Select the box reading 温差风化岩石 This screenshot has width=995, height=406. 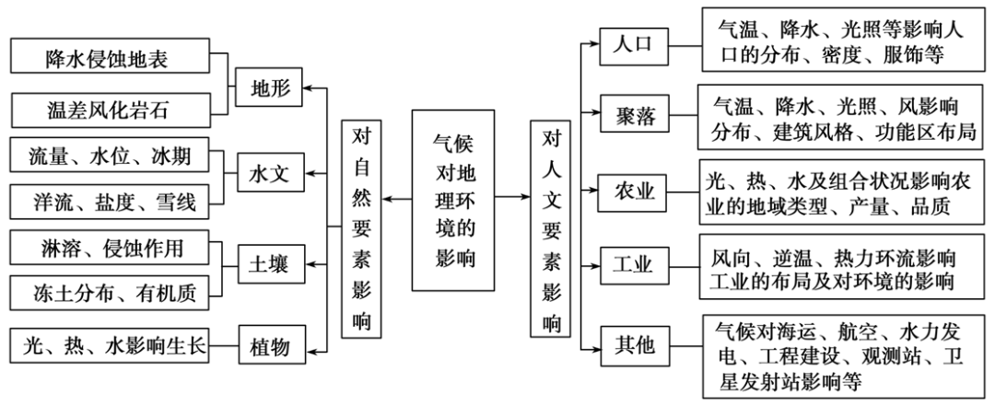point(111,110)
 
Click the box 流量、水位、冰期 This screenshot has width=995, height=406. point(111,156)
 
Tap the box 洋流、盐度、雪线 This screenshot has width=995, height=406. point(111,202)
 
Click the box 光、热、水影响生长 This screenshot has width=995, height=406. point(111,346)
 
